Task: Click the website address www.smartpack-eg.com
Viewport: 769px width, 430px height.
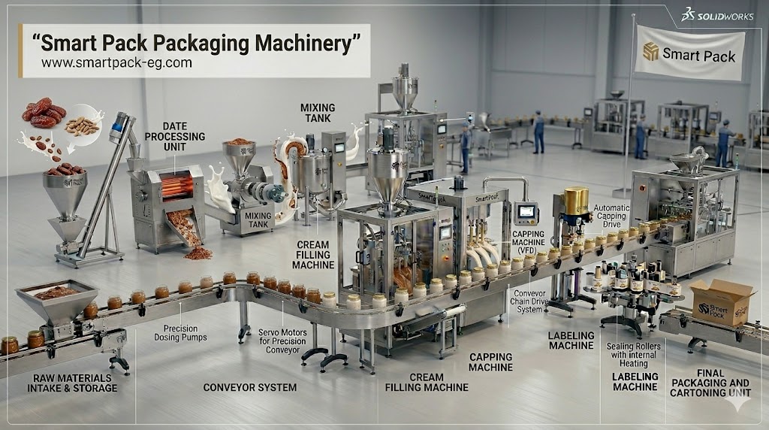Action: (116, 64)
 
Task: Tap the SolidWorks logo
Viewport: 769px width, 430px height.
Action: (717, 15)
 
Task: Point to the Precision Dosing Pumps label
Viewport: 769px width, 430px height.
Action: (185, 333)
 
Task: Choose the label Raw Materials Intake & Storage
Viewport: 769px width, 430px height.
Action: (72, 383)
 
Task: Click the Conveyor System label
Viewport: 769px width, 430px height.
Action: (250, 388)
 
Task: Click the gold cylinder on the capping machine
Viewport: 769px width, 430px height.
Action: (576, 199)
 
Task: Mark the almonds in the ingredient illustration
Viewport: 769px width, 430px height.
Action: (82, 126)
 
